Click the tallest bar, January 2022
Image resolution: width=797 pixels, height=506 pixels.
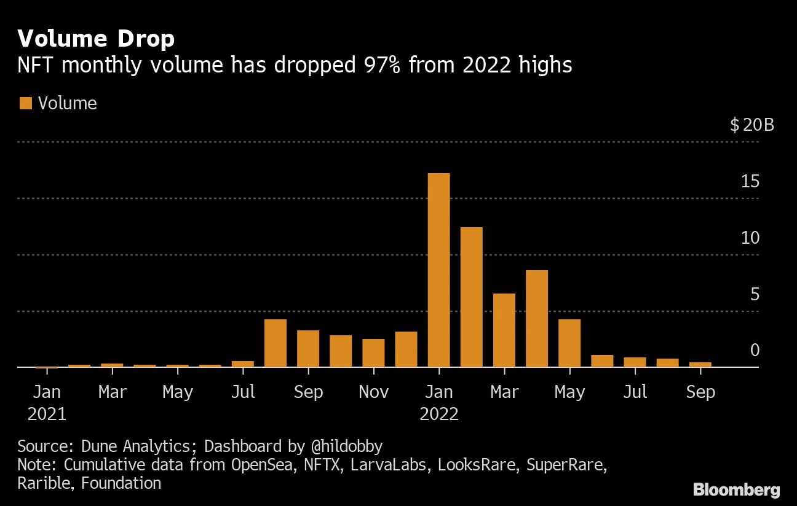pyautogui.click(x=438, y=270)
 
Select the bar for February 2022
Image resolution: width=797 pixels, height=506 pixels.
pyautogui.click(x=472, y=297)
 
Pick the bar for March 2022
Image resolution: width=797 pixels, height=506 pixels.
pyautogui.click(x=504, y=330)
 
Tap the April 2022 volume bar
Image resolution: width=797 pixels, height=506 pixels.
pyautogui.click(x=537, y=319)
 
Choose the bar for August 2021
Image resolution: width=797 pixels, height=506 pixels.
pyautogui.click(x=276, y=343)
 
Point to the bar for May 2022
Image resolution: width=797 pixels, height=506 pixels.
pyautogui.click(x=569, y=343)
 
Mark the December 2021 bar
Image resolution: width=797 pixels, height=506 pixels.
pyautogui.click(x=406, y=349)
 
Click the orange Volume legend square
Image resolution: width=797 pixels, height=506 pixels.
pyautogui.click(x=26, y=103)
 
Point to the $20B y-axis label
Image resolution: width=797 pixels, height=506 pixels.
pyautogui.click(x=752, y=125)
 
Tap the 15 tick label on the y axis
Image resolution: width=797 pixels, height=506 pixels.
pyautogui.click(x=750, y=181)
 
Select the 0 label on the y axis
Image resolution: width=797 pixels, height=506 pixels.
pyautogui.click(x=755, y=350)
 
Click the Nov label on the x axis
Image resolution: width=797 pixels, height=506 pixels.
pyautogui.click(x=374, y=392)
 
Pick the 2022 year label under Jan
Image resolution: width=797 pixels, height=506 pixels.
pyautogui.click(x=439, y=414)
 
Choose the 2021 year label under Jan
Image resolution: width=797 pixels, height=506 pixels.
pyautogui.click(x=47, y=414)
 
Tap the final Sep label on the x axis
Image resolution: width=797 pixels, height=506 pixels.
pyautogui.click(x=700, y=392)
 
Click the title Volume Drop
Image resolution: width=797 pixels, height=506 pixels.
pyautogui.click(x=96, y=38)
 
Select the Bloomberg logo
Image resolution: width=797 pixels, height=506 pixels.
pyautogui.click(x=737, y=490)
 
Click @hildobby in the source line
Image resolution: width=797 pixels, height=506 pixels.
pyautogui.click(x=347, y=446)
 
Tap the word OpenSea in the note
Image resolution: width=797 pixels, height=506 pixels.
pyautogui.click(x=262, y=465)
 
